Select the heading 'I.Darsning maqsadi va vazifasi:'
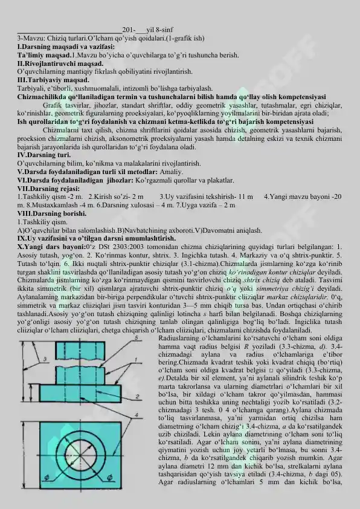[66, 46]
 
